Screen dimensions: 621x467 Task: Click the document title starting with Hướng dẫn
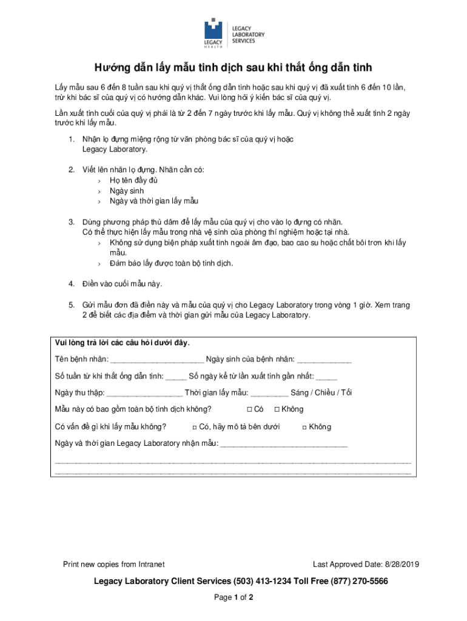pyautogui.click(x=233, y=67)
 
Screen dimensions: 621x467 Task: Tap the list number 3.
pyautogui.click(x=71, y=222)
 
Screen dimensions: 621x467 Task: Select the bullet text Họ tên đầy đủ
pyautogui.click(x=133, y=180)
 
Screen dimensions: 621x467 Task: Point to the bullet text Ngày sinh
pyautogui.click(x=127, y=190)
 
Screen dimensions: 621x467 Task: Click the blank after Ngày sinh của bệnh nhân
pyautogui.click(x=324, y=359)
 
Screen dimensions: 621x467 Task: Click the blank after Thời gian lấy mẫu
pyautogui.click(x=269, y=392)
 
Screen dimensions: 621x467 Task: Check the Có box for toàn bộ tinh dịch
pyautogui.click(x=249, y=409)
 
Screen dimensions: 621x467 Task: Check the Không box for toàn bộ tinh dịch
pyautogui.click(x=277, y=409)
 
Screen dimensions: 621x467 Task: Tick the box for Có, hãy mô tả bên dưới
pyautogui.click(x=195, y=427)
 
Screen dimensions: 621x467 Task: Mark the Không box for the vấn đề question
pyautogui.click(x=304, y=427)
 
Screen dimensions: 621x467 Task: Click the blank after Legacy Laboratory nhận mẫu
pyautogui.click(x=284, y=443)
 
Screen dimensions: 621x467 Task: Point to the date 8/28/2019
pyautogui.click(x=401, y=565)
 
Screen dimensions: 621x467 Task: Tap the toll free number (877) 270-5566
pyautogui.click(x=360, y=581)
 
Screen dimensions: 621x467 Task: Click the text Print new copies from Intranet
pyautogui.click(x=114, y=565)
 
